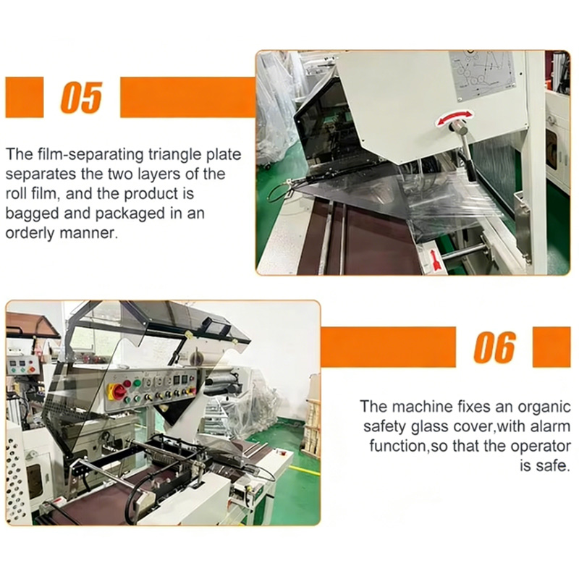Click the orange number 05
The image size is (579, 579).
81,97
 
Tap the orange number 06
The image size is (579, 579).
494,347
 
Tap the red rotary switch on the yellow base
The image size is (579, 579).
118,391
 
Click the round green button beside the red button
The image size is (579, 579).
138,383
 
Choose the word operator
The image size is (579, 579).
541,446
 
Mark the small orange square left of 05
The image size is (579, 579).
25,97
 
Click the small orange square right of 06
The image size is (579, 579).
551,347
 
